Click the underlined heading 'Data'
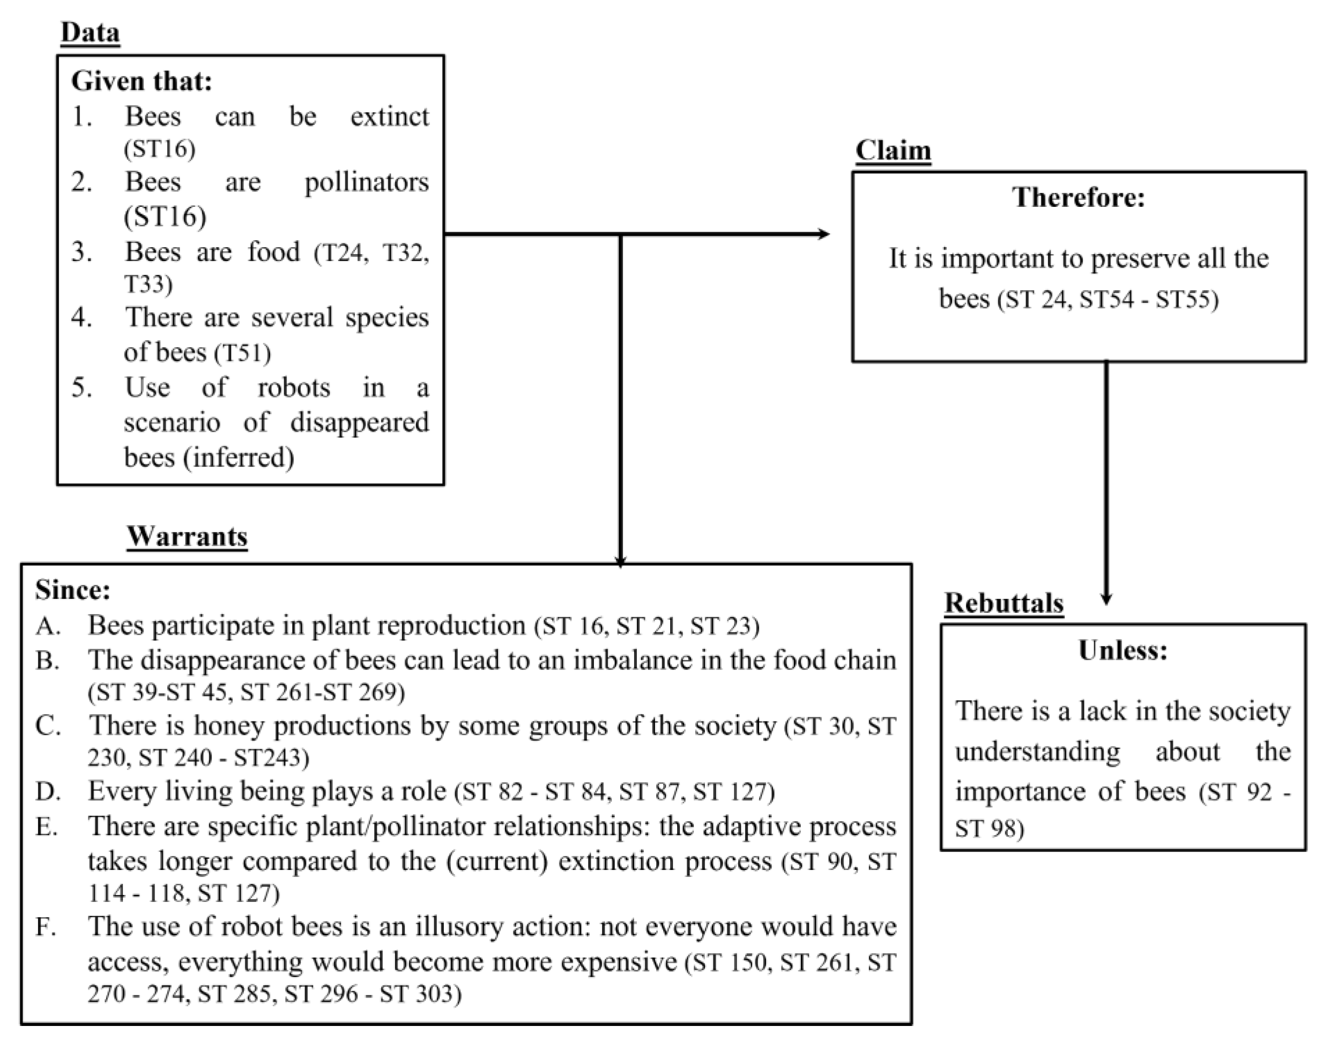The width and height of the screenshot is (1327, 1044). pyautogui.click(x=90, y=32)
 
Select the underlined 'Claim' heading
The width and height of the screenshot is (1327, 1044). pyautogui.click(x=892, y=150)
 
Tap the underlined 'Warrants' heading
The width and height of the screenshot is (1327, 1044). pyautogui.click(x=187, y=536)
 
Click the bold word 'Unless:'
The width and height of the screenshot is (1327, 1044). pyautogui.click(x=1123, y=650)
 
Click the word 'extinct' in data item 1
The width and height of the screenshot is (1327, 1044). pyautogui.click(x=389, y=116)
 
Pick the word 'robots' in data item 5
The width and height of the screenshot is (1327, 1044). pyautogui.click(x=293, y=387)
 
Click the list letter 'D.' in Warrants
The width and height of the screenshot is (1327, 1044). pyautogui.click(x=48, y=791)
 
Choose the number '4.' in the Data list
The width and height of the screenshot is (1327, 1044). pyautogui.click(x=82, y=318)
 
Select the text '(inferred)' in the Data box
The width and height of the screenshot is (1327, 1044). pyautogui.click(x=238, y=457)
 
